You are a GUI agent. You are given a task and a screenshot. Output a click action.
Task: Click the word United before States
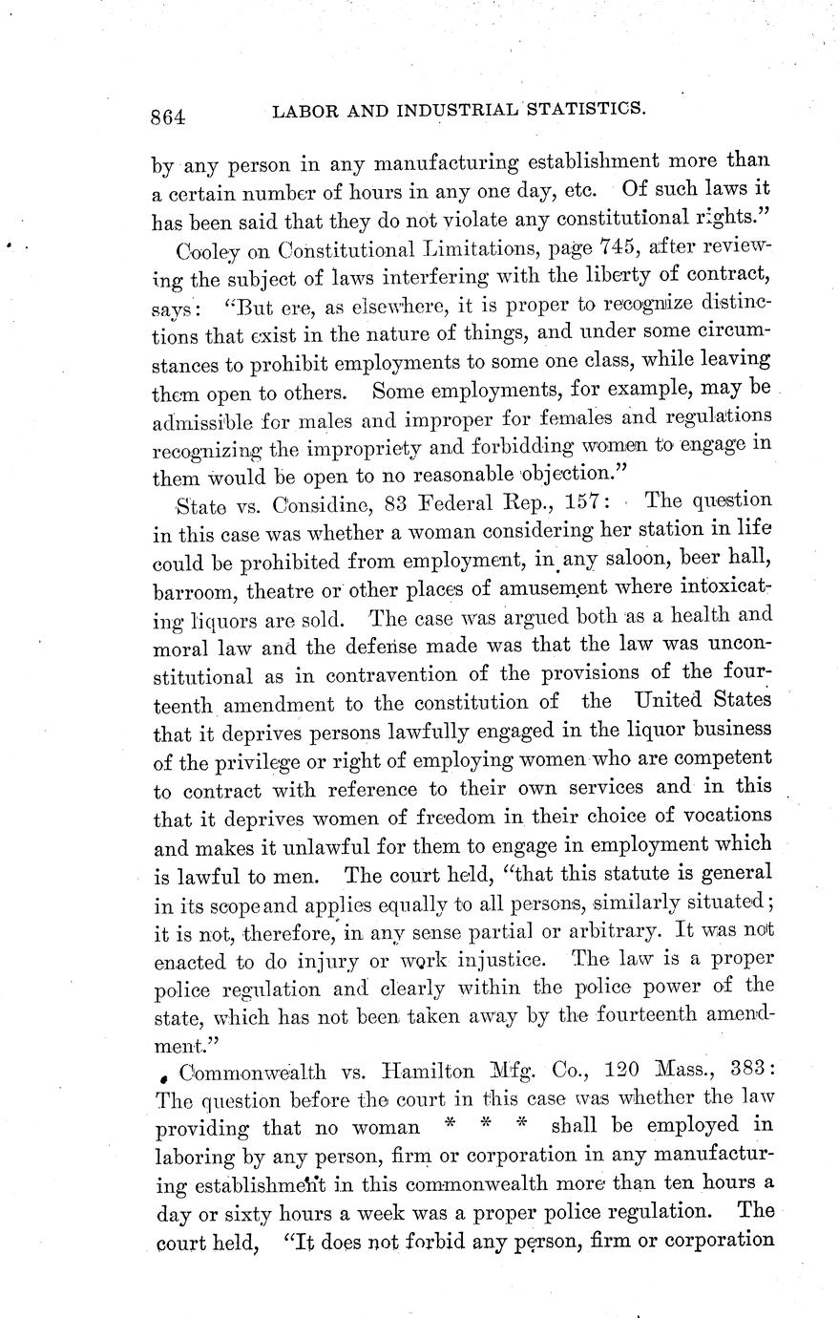671,701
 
